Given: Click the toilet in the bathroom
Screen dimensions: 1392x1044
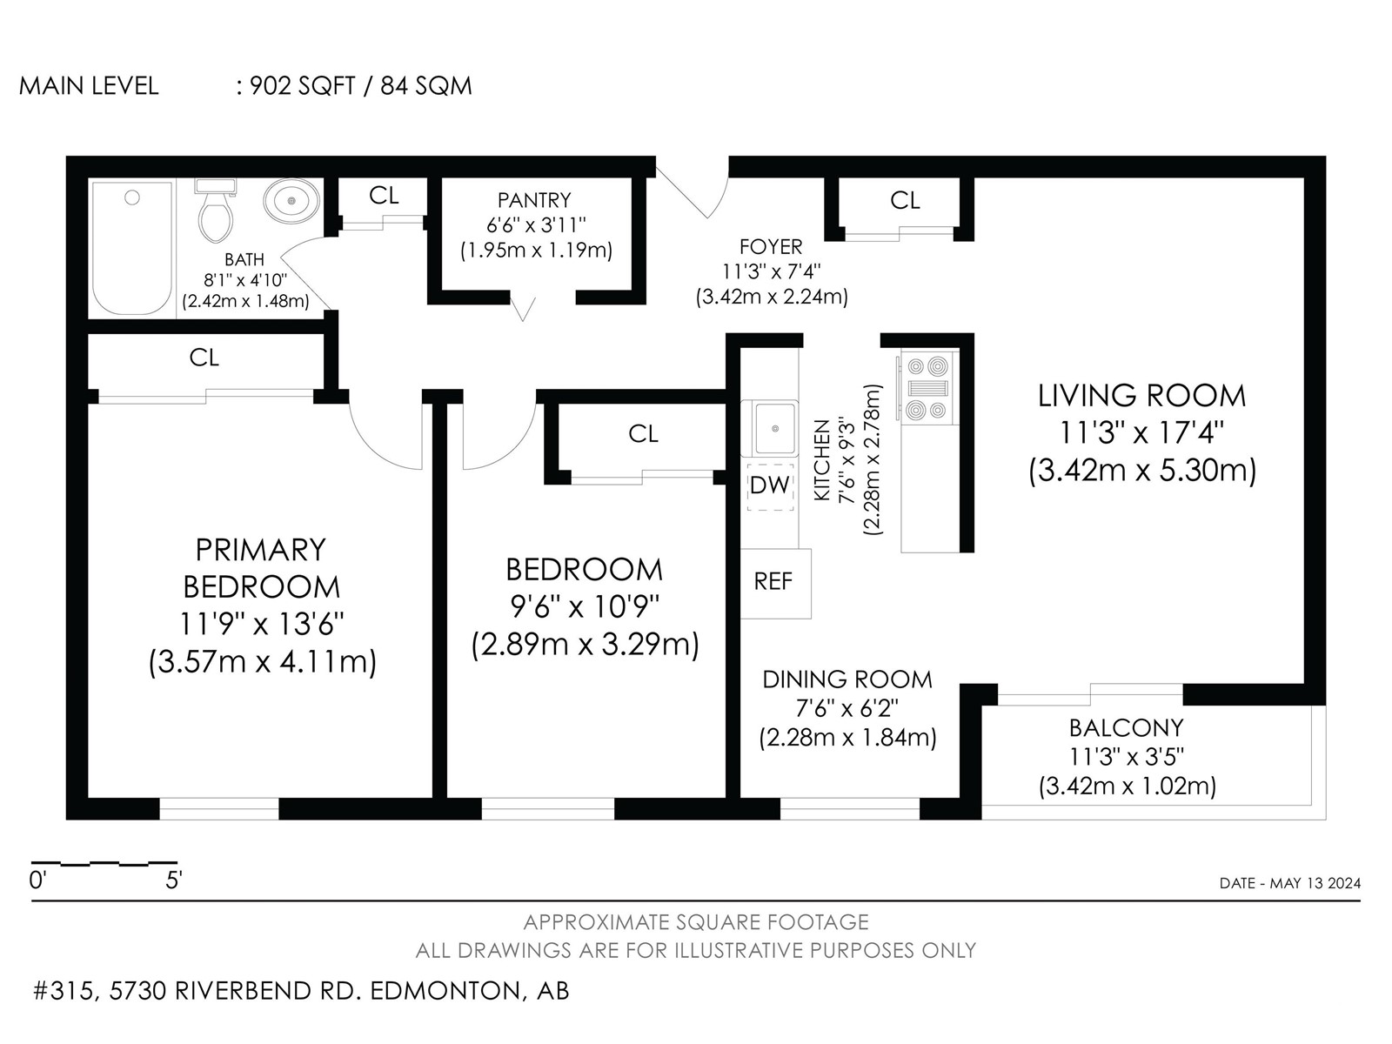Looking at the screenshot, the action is click(x=216, y=211).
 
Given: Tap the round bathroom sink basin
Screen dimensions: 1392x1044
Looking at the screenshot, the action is click(x=291, y=201).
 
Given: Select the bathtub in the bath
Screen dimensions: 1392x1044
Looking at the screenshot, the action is click(x=132, y=249).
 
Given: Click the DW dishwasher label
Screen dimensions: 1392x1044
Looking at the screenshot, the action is click(x=770, y=485).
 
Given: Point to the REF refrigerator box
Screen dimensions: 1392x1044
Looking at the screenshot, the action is click(x=775, y=583).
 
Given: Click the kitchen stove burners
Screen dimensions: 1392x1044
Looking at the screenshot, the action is click(x=927, y=388).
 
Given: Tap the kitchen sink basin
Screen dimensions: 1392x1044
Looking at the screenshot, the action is click(x=774, y=429).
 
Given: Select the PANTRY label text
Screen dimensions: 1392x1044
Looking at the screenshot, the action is click(x=534, y=200).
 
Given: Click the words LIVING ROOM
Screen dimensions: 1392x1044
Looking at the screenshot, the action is click(x=1141, y=396).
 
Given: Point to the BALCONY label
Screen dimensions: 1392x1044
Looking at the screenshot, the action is click(x=1127, y=727).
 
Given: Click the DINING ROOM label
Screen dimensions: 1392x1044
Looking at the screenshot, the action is click(x=847, y=679).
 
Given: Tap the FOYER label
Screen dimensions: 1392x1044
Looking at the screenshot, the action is click(x=771, y=246).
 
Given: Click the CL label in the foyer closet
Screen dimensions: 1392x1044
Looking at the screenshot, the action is click(x=904, y=200).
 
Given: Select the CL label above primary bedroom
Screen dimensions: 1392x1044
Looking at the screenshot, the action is click(x=204, y=358).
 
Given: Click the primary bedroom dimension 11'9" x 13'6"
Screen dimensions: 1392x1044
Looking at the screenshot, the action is click(x=262, y=625).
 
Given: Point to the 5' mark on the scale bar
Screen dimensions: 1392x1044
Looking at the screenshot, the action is click(x=174, y=880).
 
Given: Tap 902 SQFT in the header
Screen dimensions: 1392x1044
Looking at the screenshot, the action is click(x=303, y=85).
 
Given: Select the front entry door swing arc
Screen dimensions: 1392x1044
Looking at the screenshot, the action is click(x=721, y=200).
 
